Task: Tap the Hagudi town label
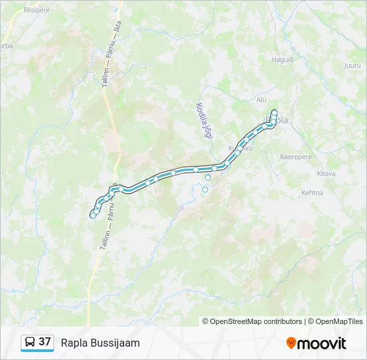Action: click(x=282, y=59)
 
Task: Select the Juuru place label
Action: click(x=352, y=65)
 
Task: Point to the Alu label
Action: click(x=262, y=99)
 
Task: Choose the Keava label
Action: click(x=326, y=173)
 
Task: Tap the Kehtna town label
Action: click(x=312, y=193)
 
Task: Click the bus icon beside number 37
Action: click(x=30, y=342)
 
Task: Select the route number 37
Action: click(x=45, y=342)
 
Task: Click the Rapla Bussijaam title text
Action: click(x=100, y=343)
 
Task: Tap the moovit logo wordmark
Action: click(x=322, y=343)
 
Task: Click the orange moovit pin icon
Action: click(x=291, y=343)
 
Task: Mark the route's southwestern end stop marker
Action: click(x=93, y=215)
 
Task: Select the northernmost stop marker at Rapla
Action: click(x=274, y=112)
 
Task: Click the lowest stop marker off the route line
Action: click(x=205, y=189)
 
